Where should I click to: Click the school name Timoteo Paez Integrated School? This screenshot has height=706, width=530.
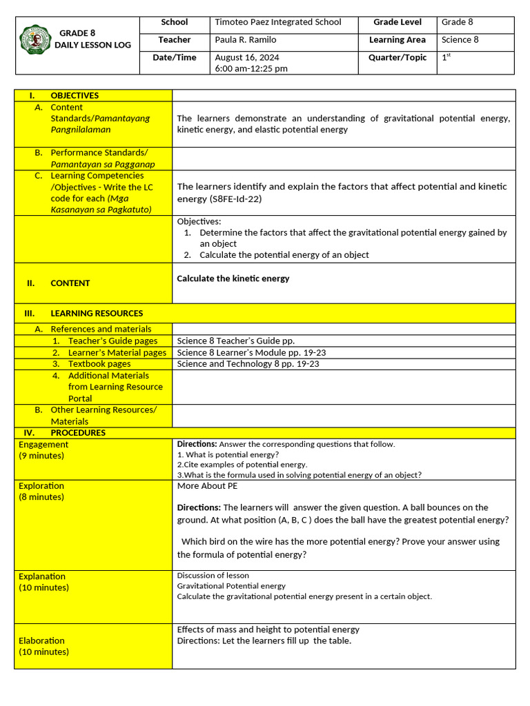coord(278,22)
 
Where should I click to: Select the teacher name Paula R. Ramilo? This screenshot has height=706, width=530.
coord(246,40)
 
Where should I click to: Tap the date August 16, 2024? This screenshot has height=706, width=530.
coord(247,58)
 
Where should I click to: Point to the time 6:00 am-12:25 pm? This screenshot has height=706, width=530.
coord(251,69)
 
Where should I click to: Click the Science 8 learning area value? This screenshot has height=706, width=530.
coord(460,40)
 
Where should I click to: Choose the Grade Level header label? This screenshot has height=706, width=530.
coord(397,22)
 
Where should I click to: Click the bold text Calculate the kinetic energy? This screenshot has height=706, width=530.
coord(233,279)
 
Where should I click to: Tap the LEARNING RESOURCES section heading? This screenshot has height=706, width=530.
coord(97,313)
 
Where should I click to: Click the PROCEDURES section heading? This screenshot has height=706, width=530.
coord(78,433)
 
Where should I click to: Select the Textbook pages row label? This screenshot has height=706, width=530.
coord(99,364)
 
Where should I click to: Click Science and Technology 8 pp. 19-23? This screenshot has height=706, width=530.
coord(248,364)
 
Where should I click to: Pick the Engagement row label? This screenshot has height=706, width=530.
coord(43,445)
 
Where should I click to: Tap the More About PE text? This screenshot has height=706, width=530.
coord(207,486)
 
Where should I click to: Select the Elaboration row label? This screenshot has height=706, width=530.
coord(41,641)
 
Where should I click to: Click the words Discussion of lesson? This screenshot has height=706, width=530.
coord(213,576)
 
